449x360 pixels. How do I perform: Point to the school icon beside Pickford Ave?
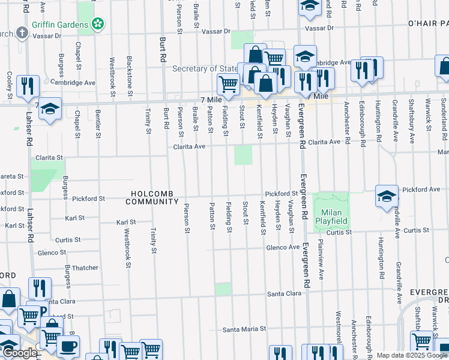pos(387,196)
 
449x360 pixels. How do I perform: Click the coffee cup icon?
pos(67,346)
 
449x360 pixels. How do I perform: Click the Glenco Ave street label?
pos(283,247)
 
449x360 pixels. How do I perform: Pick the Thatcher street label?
pos(85,268)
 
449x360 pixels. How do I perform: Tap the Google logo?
pos(19,353)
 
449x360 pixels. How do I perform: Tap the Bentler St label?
pos(98,123)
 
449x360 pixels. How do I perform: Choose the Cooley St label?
pos(10,85)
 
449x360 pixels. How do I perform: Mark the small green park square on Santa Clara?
pos(223,289)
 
